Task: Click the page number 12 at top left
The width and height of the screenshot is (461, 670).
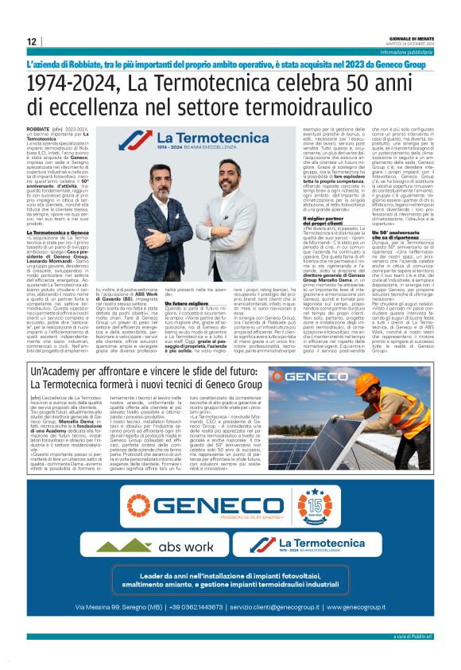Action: coord(31,41)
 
